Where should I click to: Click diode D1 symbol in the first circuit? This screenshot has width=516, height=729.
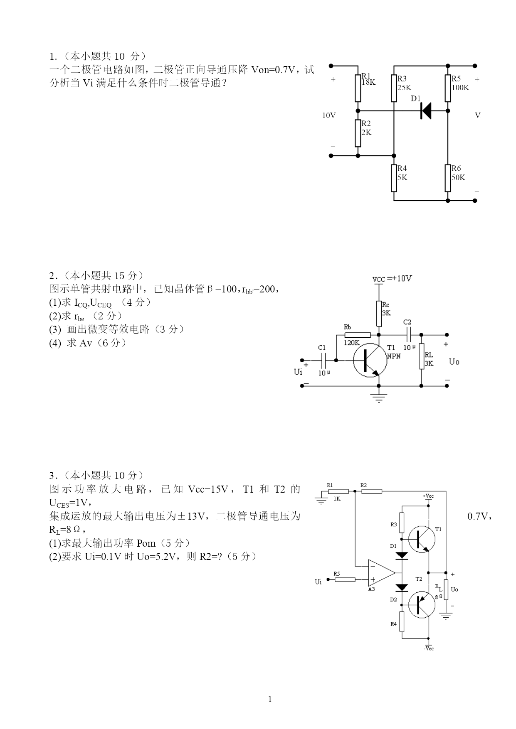(x=425, y=111)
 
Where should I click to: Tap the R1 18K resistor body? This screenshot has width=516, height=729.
(x=358, y=88)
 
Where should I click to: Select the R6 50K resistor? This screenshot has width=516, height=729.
(x=448, y=178)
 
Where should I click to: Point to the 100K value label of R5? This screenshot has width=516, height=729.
(x=461, y=88)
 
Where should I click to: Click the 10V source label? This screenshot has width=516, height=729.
(x=329, y=115)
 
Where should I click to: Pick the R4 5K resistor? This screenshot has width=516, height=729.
(x=394, y=178)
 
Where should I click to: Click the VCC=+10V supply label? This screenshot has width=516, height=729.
(x=392, y=279)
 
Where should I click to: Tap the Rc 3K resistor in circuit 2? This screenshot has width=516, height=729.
(x=379, y=314)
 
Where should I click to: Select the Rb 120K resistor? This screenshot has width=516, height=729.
(x=358, y=335)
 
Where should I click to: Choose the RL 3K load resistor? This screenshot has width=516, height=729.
(x=421, y=356)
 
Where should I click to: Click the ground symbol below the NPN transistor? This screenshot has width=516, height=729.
(x=379, y=398)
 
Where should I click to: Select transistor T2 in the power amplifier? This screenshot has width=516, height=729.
(x=421, y=605)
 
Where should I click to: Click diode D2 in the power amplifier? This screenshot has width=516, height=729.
(x=402, y=587)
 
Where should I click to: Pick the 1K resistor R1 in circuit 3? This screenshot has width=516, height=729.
(x=338, y=491)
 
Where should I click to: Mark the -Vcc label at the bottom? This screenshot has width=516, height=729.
(x=429, y=648)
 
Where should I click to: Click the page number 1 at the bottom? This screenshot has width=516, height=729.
(x=270, y=699)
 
